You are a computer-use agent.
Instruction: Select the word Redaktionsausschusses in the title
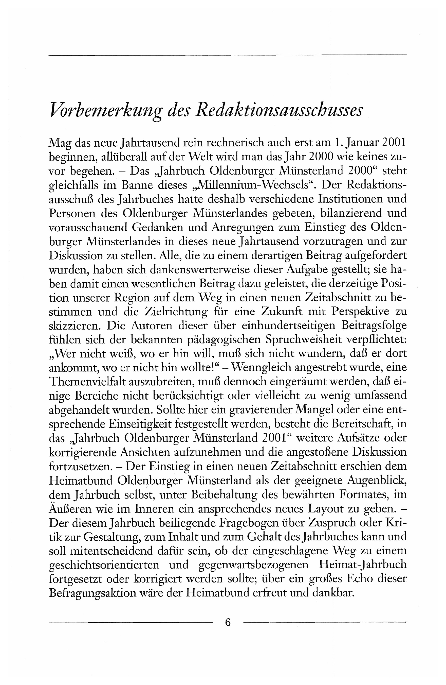coord(278,111)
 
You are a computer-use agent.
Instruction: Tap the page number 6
coord(228,622)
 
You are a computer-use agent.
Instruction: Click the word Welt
coord(203,157)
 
